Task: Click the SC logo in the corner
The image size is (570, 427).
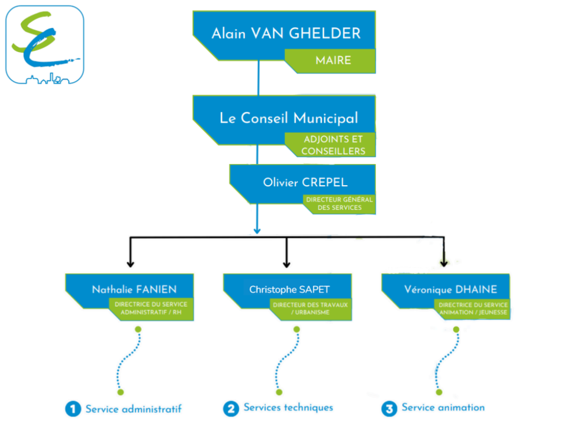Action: point(44,44)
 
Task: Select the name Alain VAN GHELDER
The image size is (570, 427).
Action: point(286,33)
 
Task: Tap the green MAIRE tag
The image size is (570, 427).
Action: point(333,60)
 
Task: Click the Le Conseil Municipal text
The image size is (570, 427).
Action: point(289,118)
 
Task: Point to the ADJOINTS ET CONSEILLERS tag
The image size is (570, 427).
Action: point(333,145)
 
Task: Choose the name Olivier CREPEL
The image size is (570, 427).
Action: point(305,183)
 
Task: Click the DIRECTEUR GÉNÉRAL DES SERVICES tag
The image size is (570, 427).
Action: point(339,204)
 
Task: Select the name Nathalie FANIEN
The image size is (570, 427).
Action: point(134,290)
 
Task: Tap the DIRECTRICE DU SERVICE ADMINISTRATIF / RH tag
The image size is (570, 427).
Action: point(151,309)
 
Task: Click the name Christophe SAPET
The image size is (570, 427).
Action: point(289,290)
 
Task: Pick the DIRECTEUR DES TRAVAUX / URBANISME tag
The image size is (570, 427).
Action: point(310,309)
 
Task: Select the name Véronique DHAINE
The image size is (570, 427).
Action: point(450,290)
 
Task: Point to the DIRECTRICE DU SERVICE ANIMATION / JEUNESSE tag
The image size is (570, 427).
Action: point(473,309)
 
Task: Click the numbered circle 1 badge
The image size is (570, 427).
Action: point(73,409)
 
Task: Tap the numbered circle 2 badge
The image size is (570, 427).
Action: point(231,409)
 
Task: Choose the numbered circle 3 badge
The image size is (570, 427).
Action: point(389,409)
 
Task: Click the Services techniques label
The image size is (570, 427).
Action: point(288,408)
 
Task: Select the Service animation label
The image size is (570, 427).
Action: point(443,408)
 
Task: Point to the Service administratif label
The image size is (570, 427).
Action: point(133,409)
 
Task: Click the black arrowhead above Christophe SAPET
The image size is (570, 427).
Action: point(287,264)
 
